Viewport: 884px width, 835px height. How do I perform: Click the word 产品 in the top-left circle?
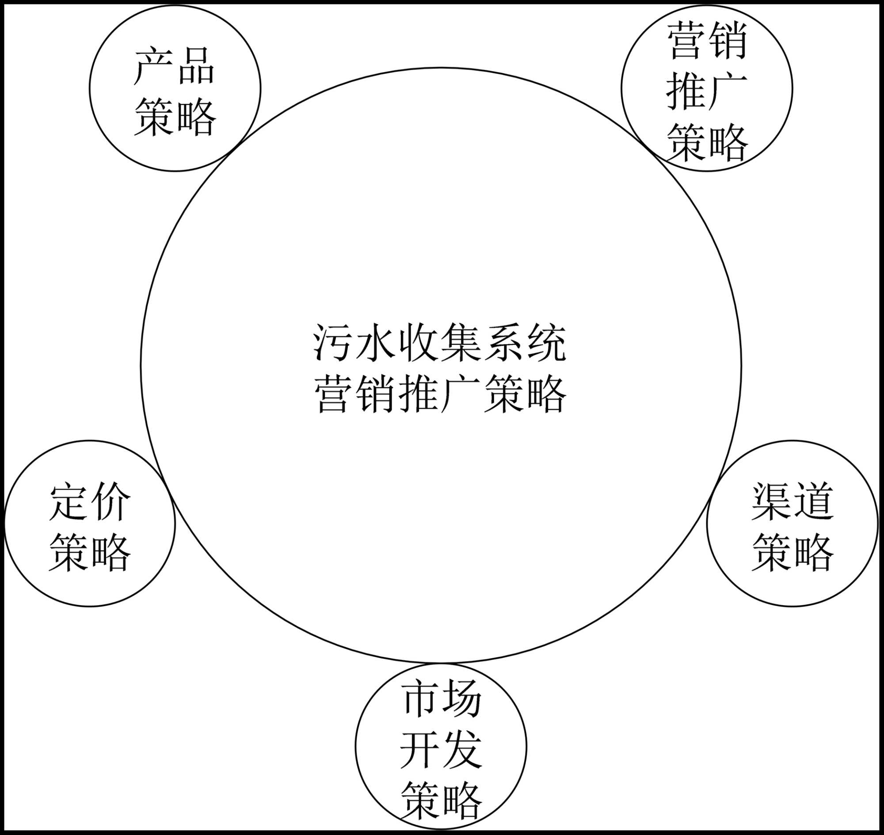(175, 67)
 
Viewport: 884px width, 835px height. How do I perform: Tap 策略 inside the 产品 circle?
(175, 118)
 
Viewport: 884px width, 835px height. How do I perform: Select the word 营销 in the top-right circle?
(707, 42)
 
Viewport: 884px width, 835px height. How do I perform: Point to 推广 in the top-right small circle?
(707, 92)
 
